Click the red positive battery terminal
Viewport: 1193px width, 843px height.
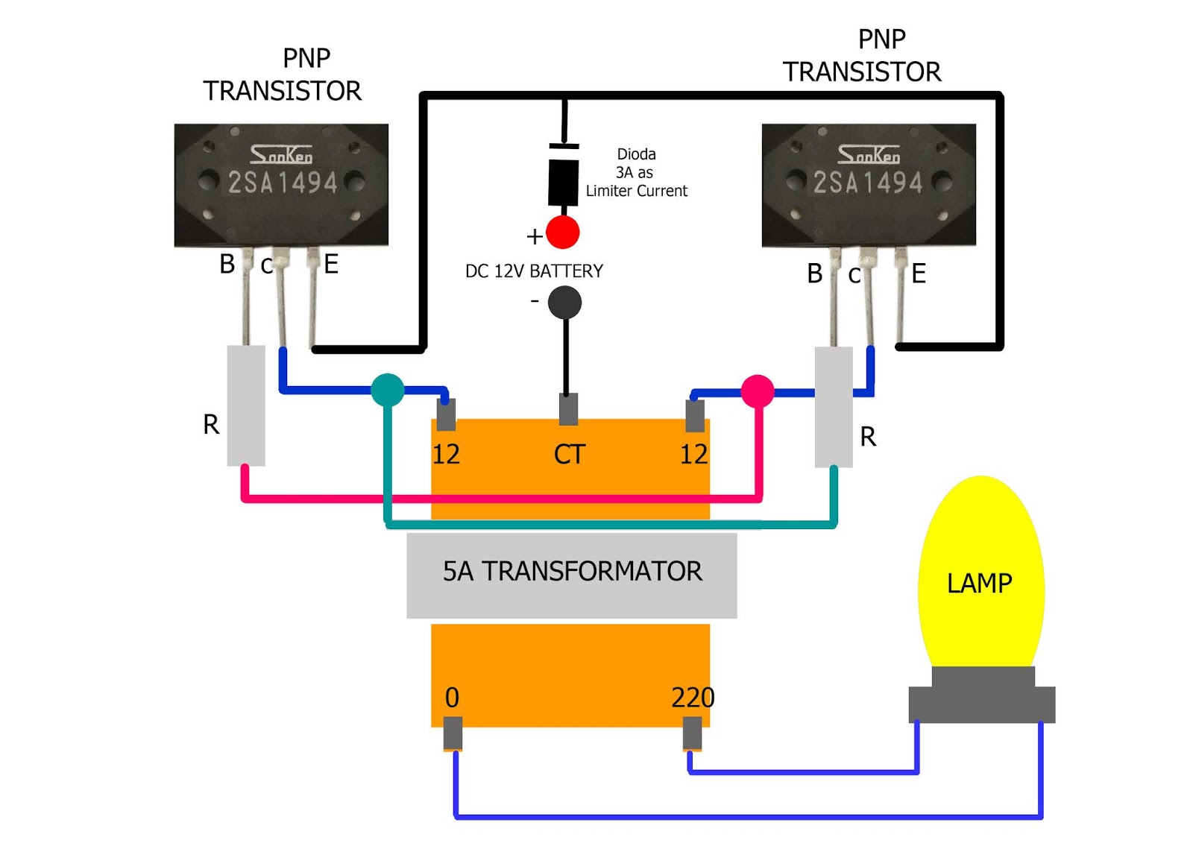[562, 233]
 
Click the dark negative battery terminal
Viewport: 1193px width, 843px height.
[564, 303]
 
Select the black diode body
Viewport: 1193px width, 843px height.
[563, 182]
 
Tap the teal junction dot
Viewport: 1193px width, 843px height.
[387, 390]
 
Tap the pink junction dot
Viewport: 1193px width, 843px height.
[757, 391]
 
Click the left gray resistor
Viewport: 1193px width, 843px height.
[246, 405]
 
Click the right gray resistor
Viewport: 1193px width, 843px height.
[833, 406]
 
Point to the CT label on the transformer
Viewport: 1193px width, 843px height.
[569, 454]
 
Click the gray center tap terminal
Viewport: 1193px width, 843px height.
[568, 409]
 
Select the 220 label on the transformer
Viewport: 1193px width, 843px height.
[692, 698]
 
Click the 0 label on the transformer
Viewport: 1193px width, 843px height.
[452, 698]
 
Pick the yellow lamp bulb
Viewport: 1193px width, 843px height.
[980, 574]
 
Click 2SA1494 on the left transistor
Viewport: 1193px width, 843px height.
[283, 183]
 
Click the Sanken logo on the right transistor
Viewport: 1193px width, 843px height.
[868, 154]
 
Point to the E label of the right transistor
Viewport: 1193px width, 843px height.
[919, 274]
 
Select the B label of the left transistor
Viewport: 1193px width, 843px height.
[227, 264]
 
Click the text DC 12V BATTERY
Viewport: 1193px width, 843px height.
[534, 271]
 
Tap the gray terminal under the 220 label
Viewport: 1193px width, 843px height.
[692, 733]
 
